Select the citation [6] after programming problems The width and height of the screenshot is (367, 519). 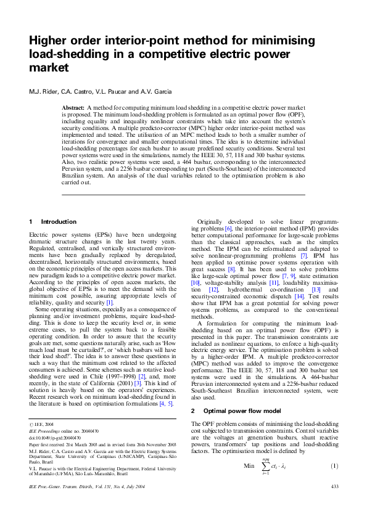click(245, 228)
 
